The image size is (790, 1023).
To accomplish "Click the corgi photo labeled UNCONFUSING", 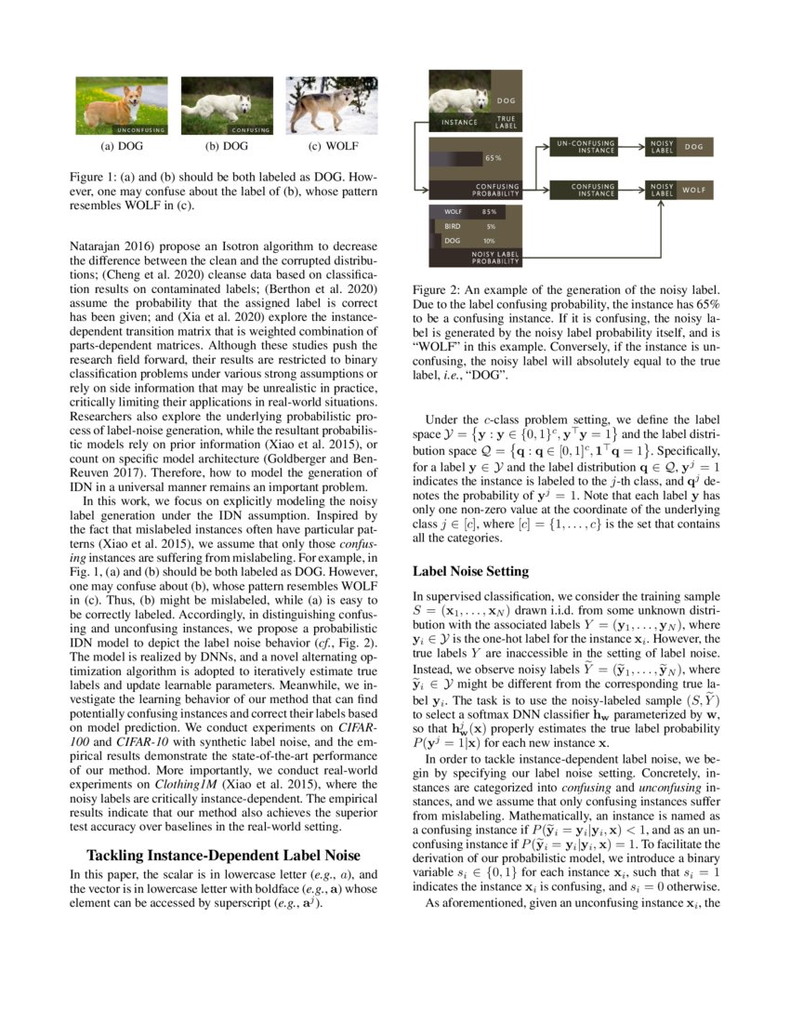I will coord(122,105).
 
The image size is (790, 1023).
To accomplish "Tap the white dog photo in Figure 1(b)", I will coord(226,105).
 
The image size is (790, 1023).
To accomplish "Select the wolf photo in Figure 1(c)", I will coord(332,105).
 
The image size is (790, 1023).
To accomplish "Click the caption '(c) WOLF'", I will coord(333,147).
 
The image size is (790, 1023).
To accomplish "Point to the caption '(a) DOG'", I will coord(122,147).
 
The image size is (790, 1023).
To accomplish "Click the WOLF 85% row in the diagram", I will coord(469,212).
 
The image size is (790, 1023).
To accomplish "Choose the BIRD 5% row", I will coord(469,226).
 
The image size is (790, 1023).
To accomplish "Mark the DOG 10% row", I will coord(469,241).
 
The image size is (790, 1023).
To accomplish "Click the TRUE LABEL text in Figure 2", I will coord(507,121).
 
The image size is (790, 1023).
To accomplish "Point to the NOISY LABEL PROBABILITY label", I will coord(495,258).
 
